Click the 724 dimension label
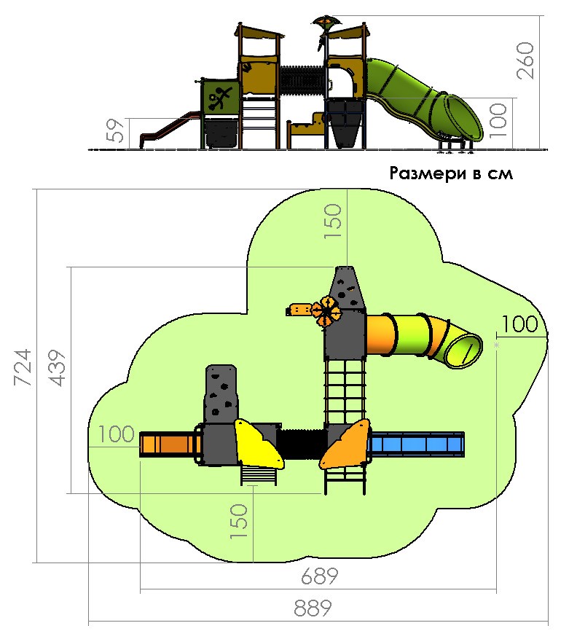pyautogui.click(x=23, y=367)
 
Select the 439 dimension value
pyautogui.click(x=56, y=368)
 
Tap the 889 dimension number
pyautogui.click(x=313, y=608)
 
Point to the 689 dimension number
pyautogui.click(x=320, y=576)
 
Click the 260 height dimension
pyautogui.click(x=525, y=60)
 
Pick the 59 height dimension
pyautogui.click(x=116, y=130)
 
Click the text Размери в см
pyautogui.click(x=451, y=173)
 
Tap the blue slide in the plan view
pyautogui.click(x=416, y=444)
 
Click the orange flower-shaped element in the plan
pyautogui.click(x=326, y=311)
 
